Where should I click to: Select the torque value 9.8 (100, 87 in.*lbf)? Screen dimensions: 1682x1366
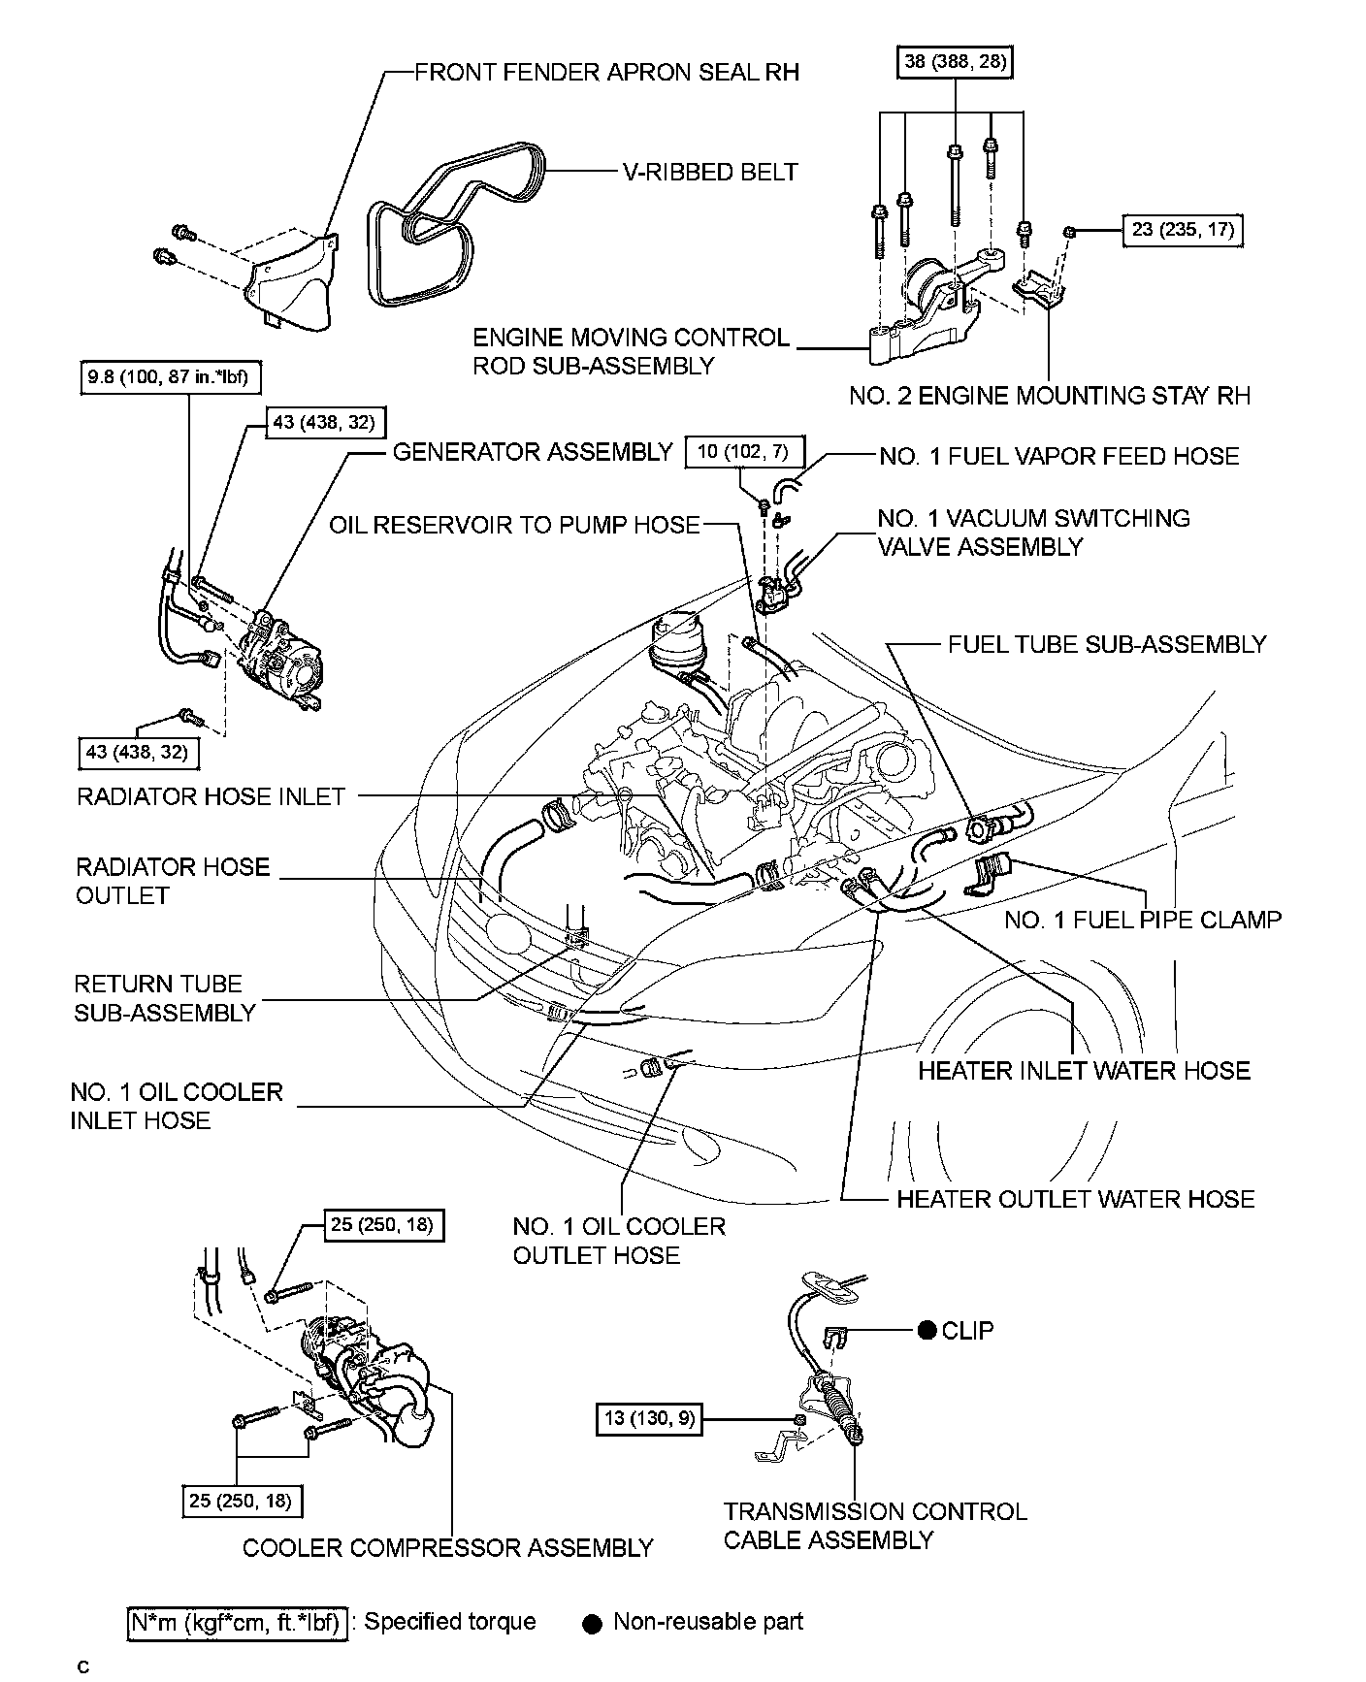pyautogui.click(x=170, y=377)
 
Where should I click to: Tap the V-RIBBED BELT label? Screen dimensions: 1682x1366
pyautogui.click(x=710, y=173)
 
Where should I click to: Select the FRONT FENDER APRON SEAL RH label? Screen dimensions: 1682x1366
pyautogui.click(x=606, y=73)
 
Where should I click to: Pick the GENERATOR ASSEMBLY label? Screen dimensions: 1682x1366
pyautogui.click(x=532, y=452)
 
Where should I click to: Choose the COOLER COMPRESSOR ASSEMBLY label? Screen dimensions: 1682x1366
pyautogui.click(x=447, y=1548)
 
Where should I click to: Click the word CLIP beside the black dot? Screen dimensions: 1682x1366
pyautogui.click(x=967, y=1330)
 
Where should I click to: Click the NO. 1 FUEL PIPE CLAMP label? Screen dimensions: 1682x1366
pyautogui.click(x=1143, y=920)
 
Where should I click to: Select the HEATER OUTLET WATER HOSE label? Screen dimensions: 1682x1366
pyautogui.click(x=1075, y=1200)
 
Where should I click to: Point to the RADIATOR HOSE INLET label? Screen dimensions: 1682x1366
pyautogui.click(x=211, y=797)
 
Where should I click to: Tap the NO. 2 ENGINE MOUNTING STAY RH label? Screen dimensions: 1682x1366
pyautogui.click(x=1050, y=396)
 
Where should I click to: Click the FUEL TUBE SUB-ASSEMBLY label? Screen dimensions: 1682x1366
pyautogui.click(x=1107, y=645)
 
